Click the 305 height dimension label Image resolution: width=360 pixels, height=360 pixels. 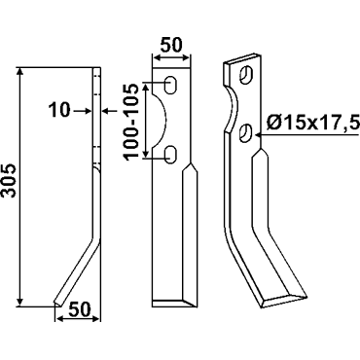pyautogui.click(x=9, y=180)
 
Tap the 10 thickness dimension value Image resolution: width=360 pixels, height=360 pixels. pyautogui.click(x=59, y=110)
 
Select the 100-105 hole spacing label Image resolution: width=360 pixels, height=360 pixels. pyautogui.click(x=131, y=122)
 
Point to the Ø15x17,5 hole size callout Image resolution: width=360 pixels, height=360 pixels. pyautogui.click(x=312, y=123)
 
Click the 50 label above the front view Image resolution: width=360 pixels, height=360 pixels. pyautogui.click(x=171, y=45)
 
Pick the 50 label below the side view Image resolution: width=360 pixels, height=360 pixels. pyautogui.click(x=79, y=309)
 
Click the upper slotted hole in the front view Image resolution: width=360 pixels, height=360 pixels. pyautogui.click(x=171, y=86)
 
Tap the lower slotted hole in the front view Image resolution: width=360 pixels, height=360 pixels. pyautogui.click(x=171, y=154)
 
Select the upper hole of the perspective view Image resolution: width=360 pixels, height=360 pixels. pyautogui.click(x=247, y=74)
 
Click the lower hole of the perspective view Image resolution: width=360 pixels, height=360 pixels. pyautogui.click(x=246, y=132)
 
